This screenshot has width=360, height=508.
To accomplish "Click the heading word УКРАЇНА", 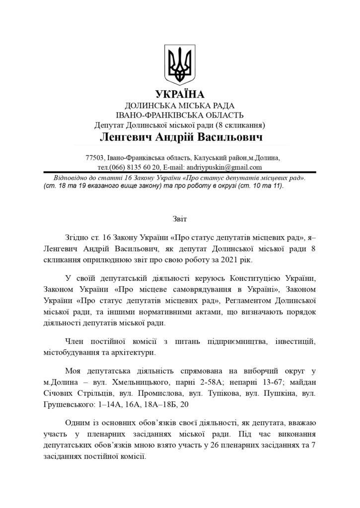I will pos(180,95).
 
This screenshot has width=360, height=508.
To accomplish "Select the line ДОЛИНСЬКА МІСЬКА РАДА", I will pos(180,106).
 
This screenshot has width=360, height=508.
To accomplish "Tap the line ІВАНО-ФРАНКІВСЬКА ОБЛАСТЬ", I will pos(180,115).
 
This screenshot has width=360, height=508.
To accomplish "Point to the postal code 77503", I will pos(95,158).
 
